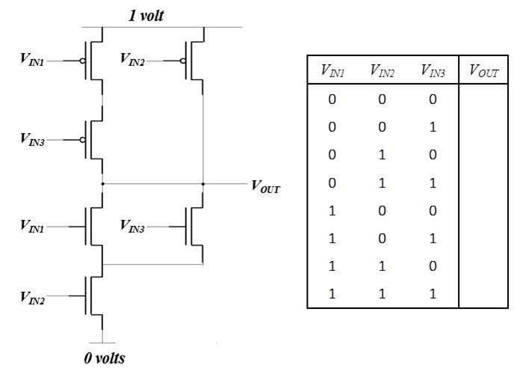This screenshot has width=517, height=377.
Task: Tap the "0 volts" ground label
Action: (105, 358)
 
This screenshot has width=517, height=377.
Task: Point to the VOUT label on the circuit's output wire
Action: (266, 186)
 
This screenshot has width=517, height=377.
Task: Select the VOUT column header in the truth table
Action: (483, 71)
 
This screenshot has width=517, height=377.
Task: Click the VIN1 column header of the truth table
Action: (332, 71)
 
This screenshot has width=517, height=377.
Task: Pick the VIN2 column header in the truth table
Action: (383, 71)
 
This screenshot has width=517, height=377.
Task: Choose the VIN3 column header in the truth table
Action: (433, 71)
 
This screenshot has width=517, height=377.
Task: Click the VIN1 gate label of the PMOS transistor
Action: (32, 61)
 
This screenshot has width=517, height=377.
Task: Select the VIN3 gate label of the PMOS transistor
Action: (32, 139)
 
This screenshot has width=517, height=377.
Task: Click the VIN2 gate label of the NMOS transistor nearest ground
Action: (32, 298)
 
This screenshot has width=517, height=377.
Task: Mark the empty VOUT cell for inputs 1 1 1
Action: (483, 294)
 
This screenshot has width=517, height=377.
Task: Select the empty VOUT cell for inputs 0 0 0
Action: (483, 99)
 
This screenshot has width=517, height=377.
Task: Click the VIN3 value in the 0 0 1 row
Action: (433, 126)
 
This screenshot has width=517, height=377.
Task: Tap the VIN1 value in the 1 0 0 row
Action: (332, 210)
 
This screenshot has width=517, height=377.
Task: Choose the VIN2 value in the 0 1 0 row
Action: (383, 155)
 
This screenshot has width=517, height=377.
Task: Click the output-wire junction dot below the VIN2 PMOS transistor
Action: (203, 183)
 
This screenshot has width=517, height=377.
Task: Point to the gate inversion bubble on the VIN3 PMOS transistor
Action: (83, 139)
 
